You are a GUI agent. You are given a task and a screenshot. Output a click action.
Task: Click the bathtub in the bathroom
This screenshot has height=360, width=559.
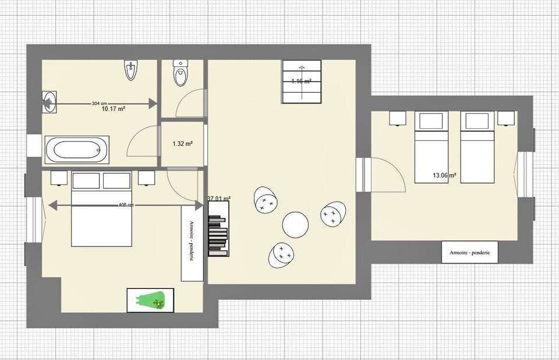coord(77,150)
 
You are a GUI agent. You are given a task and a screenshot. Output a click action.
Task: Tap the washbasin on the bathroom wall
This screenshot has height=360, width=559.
coord(49,103)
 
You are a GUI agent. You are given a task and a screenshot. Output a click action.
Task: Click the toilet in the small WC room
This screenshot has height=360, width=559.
coord(181,73)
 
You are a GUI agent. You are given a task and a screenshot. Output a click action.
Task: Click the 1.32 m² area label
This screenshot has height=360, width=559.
coord(182,143)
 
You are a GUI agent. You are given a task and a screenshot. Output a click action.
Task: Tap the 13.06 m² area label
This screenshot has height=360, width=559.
coord(444,175)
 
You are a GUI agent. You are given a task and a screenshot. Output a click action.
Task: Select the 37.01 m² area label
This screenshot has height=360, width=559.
coord(219,199)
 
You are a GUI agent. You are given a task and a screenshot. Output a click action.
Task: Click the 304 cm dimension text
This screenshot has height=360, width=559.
coord(100,103)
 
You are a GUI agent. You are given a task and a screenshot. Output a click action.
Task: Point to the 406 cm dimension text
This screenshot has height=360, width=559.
coord(126,205)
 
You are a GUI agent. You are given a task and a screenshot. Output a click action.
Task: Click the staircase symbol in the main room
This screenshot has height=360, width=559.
coord(302,82)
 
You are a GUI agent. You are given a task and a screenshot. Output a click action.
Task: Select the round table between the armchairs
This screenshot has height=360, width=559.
coord(295,224)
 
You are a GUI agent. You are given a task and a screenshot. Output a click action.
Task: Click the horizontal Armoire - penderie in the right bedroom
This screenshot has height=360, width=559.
coord(469,252)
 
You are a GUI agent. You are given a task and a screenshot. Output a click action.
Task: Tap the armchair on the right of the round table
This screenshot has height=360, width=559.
coord(333,214)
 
